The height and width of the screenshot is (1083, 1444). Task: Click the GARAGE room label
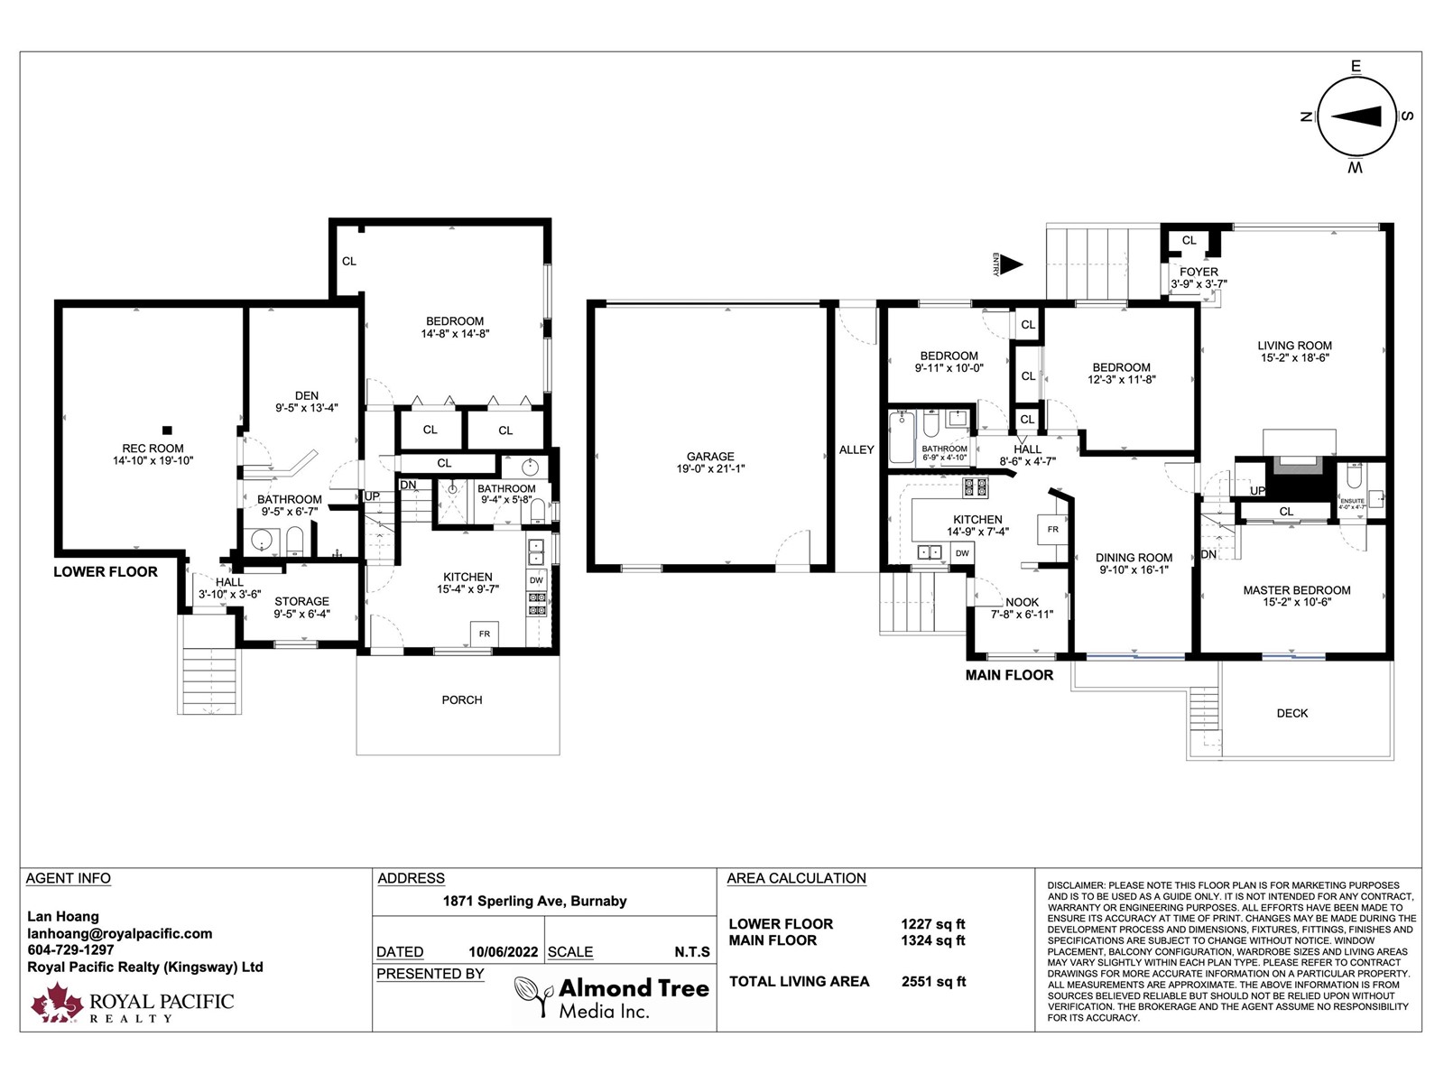pyautogui.click(x=710, y=457)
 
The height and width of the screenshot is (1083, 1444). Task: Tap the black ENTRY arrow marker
pyautogui.click(x=1011, y=265)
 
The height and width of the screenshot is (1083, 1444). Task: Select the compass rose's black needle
pyautogui.click(x=1356, y=117)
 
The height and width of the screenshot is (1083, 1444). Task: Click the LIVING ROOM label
pyautogui.click(x=1294, y=346)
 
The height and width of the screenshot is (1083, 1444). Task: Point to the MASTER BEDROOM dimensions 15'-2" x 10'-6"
pyautogui.click(x=1297, y=602)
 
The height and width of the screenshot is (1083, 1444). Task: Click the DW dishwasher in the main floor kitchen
pyautogui.click(x=962, y=553)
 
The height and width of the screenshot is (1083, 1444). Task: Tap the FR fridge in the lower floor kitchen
pyautogui.click(x=484, y=634)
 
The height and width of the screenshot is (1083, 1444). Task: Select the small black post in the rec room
pyautogui.click(x=167, y=430)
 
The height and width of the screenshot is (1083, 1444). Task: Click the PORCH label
pyautogui.click(x=462, y=700)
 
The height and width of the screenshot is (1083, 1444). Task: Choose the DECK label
pyautogui.click(x=1292, y=714)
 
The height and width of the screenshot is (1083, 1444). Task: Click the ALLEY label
pyautogui.click(x=856, y=449)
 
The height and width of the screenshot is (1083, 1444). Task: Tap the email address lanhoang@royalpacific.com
pyautogui.click(x=120, y=934)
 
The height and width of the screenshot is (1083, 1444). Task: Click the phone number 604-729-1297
pyautogui.click(x=70, y=950)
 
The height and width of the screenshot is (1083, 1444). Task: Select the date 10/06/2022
pyautogui.click(x=504, y=952)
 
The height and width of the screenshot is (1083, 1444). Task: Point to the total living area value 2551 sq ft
pyautogui.click(x=933, y=982)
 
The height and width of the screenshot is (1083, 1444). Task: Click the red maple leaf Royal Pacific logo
pyautogui.click(x=57, y=1003)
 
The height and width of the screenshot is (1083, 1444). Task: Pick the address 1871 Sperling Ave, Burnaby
pyautogui.click(x=534, y=901)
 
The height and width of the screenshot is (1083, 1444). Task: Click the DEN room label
pyautogui.click(x=307, y=396)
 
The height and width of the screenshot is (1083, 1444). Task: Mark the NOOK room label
pyautogui.click(x=1022, y=602)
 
